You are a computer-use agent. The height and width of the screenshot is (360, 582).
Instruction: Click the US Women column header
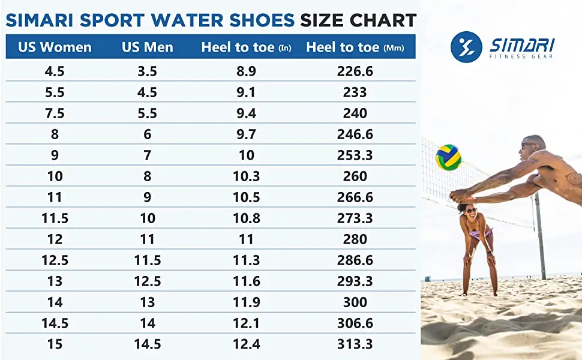pyautogui.click(x=55, y=47)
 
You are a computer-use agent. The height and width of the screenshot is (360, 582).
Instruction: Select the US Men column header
pyautogui.click(x=147, y=47)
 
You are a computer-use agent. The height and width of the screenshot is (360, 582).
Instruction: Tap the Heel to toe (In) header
pyautogui.click(x=246, y=47)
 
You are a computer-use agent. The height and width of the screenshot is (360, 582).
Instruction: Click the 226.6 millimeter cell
pyautogui.click(x=355, y=71)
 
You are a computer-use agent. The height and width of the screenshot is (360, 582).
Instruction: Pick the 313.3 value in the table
pyautogui.click(x=355, y=344)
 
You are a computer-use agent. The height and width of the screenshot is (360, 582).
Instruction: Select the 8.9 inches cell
pyautogui.click(x=246, y=71)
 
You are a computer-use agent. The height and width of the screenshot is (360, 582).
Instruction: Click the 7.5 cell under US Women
pyautogui.click(x=55, y=113)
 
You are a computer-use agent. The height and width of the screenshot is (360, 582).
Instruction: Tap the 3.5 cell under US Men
pyautogui.click(x=147, y=71)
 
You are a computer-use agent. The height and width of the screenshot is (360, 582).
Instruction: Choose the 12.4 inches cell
pyautogui.click(x=246, y=344)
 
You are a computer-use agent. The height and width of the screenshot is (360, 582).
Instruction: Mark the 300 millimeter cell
pyautogui.click(x=355, y=302)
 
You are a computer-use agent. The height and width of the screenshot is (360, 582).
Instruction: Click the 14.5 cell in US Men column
pyautogui.click(x=147, y=344)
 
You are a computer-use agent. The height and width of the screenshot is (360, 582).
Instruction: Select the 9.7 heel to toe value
pyautogui.click(x=246, y=134)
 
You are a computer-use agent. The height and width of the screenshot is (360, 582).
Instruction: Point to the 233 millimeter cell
pyautogui.click(x=355, y=92)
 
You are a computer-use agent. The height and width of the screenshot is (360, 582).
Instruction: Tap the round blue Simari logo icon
pyautogui.click(x=466, y=47)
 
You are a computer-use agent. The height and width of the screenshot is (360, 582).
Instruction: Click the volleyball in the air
pyautogui.click(x=448, y=157)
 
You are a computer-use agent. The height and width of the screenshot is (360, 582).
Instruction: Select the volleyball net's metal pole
pyautogui.click(x=540, y=234)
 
